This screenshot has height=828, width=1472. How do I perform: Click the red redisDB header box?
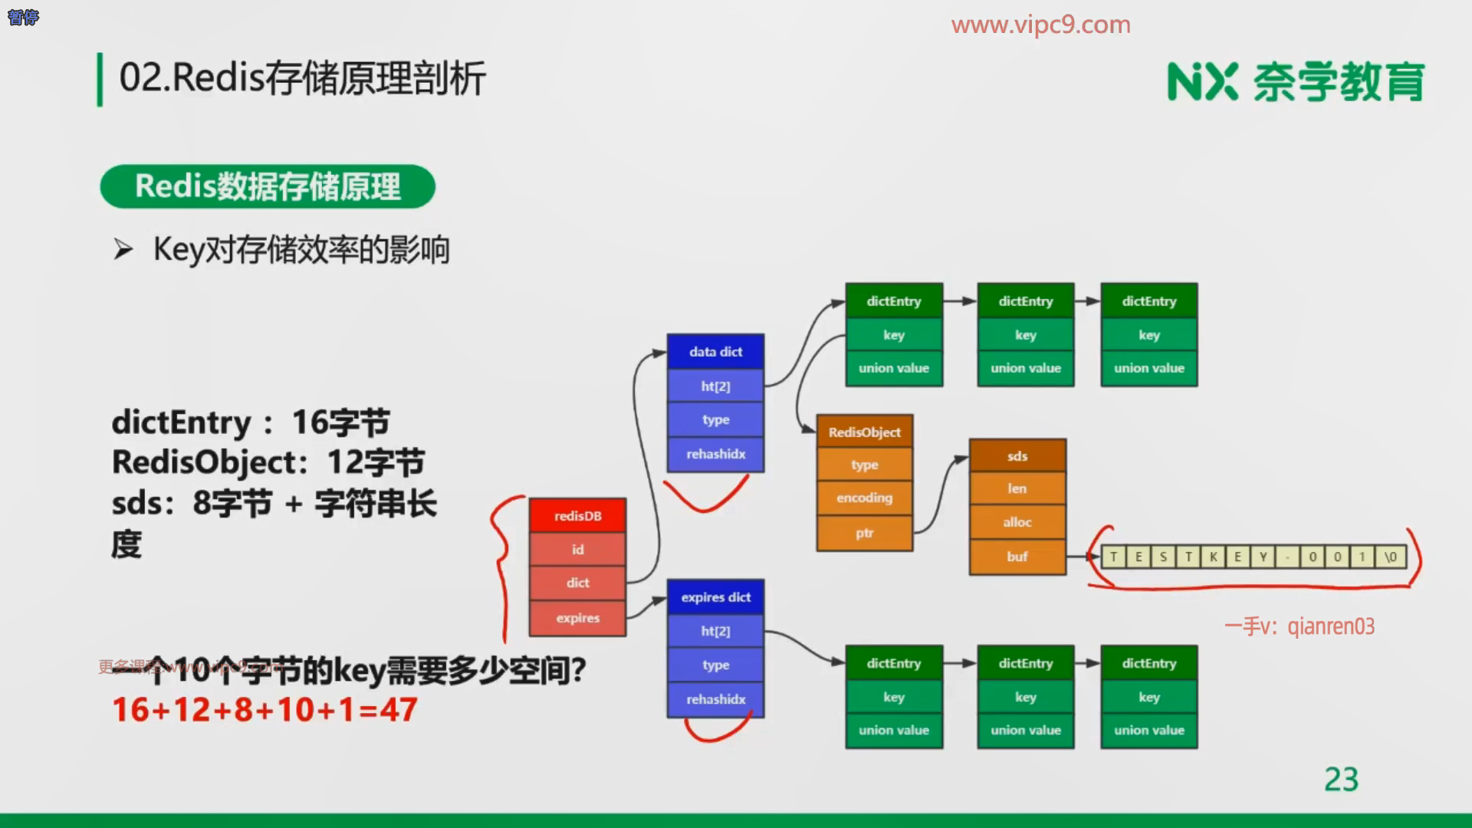[577, 516]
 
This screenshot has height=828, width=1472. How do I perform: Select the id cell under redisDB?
[577, 550]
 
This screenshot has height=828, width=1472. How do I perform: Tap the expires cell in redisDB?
[577, 618]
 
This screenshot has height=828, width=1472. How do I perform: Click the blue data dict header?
[715, 352]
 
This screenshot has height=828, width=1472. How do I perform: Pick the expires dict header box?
[715, 597]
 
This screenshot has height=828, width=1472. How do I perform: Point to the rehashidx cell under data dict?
[715, 454]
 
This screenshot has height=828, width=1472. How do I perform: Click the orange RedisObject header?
[864, 432]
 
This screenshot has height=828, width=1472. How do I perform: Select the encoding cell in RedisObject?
[864, 498]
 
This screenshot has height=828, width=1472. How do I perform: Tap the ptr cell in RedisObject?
[864, 533]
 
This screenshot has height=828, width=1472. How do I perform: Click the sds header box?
[1017, 456]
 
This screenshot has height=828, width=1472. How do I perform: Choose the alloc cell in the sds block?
[1017, 523]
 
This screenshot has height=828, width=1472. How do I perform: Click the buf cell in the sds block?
[1017, 557]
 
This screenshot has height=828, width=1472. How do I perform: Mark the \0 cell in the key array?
[1391, 557]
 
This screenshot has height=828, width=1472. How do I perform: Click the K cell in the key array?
[1213, 557]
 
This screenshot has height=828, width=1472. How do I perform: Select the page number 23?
[1341, 780]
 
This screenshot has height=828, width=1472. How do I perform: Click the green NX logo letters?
[1202, 82]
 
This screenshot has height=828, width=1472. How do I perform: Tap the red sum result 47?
[399, 710]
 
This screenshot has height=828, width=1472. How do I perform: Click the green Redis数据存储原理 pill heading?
[268, 186]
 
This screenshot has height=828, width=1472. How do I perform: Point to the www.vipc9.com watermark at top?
[1040, 25]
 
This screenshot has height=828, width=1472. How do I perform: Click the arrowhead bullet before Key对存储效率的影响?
[123, 250]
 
